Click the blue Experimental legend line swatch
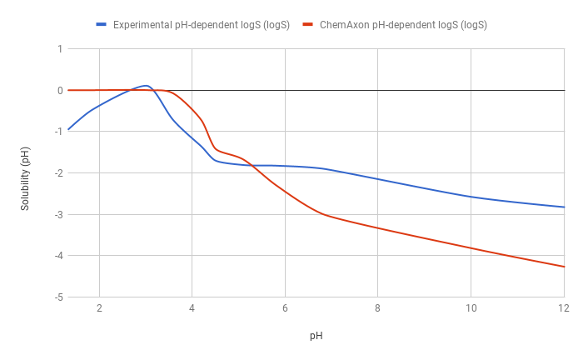click(x=101, y=25)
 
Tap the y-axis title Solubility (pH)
click(x=26, y=173)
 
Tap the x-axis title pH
click(x=316, y=336)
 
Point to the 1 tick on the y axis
click(x=59, y=49)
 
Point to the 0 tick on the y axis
click(x=59, y=90)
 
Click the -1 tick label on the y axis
click(x=57, y=132)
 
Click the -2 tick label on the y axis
click(x=57, y=173)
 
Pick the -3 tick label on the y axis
click(x=57, y=214)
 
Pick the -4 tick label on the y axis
click(x=57, y=256)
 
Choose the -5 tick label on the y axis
click(x=57, y=297)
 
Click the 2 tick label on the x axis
click(x=99, y=308)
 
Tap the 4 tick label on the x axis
click(x=192, y=308)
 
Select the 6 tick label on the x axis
click(x=285, y=308)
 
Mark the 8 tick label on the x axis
click(x=378, y=308)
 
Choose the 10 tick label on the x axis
click(x=471, y=308)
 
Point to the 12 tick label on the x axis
click(x=564, y=308)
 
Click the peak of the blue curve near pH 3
click(x=146, y=85)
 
